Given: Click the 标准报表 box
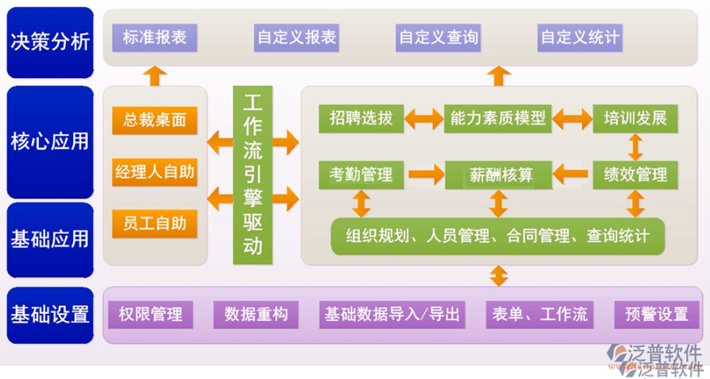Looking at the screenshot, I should [x=154, y=37].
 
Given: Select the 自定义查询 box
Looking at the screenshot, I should [x=438, y=37].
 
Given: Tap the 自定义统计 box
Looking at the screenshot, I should [x=579, y=37].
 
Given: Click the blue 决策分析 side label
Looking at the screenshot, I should [x=49, y=41].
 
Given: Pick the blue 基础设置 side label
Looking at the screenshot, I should [x=49, y=314].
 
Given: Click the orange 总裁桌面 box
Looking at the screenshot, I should [x=154, y=120].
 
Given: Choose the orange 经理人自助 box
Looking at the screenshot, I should [x=154, y=171].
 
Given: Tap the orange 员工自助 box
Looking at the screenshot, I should [x=154, y=224].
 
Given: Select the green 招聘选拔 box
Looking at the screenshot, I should [x=361, y=119].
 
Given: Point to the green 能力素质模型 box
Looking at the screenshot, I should [x=498, y=119].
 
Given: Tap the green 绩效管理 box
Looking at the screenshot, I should [x=635, y=174].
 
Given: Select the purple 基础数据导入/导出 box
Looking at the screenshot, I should [x=392, y=314].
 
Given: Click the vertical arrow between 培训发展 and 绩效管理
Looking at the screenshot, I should [x=635, y=147].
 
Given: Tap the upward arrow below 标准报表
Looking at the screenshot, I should [x=154, y=75].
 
